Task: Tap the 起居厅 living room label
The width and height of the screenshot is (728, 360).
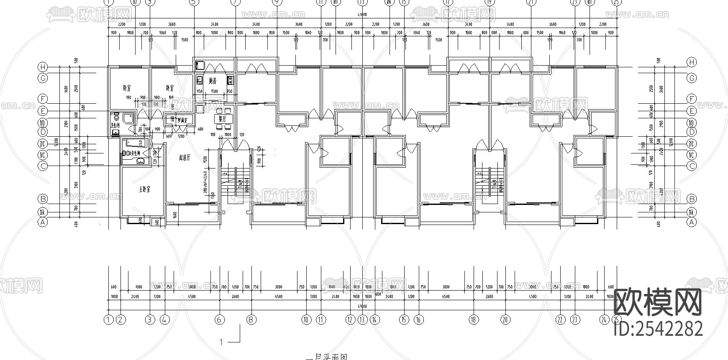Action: (185, 158)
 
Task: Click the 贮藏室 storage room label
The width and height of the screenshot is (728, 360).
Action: (182, 120)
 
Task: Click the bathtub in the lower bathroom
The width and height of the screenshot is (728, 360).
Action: (135, 143)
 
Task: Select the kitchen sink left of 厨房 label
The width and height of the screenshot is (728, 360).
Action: (200, 79)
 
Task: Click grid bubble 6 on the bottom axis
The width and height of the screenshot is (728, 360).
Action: (220, 320)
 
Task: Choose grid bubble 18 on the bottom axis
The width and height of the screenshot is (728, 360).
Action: (474, 320)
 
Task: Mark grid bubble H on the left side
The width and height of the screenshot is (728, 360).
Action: (42, 67)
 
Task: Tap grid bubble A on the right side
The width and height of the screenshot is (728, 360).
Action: (692, 222)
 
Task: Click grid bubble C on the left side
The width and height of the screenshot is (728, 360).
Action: (42, 166)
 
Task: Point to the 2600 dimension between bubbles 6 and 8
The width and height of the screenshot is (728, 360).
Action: (235, 296)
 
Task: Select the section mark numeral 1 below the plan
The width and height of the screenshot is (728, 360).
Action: (221, 342)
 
